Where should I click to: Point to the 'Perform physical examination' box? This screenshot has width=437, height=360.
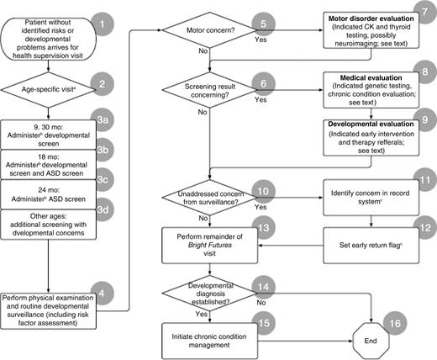53,310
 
